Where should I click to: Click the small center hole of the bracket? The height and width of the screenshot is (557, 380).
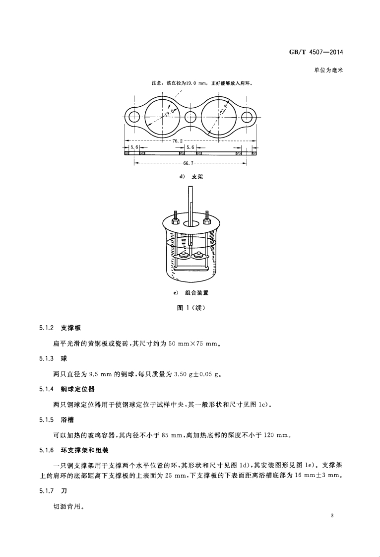click(x=190, y=118)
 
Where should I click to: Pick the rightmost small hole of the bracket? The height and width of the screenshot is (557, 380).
click(x=247, y=117)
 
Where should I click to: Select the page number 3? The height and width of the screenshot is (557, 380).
click(x=331, y=516)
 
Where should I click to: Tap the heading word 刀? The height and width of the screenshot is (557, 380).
click(x=63, y=492)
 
